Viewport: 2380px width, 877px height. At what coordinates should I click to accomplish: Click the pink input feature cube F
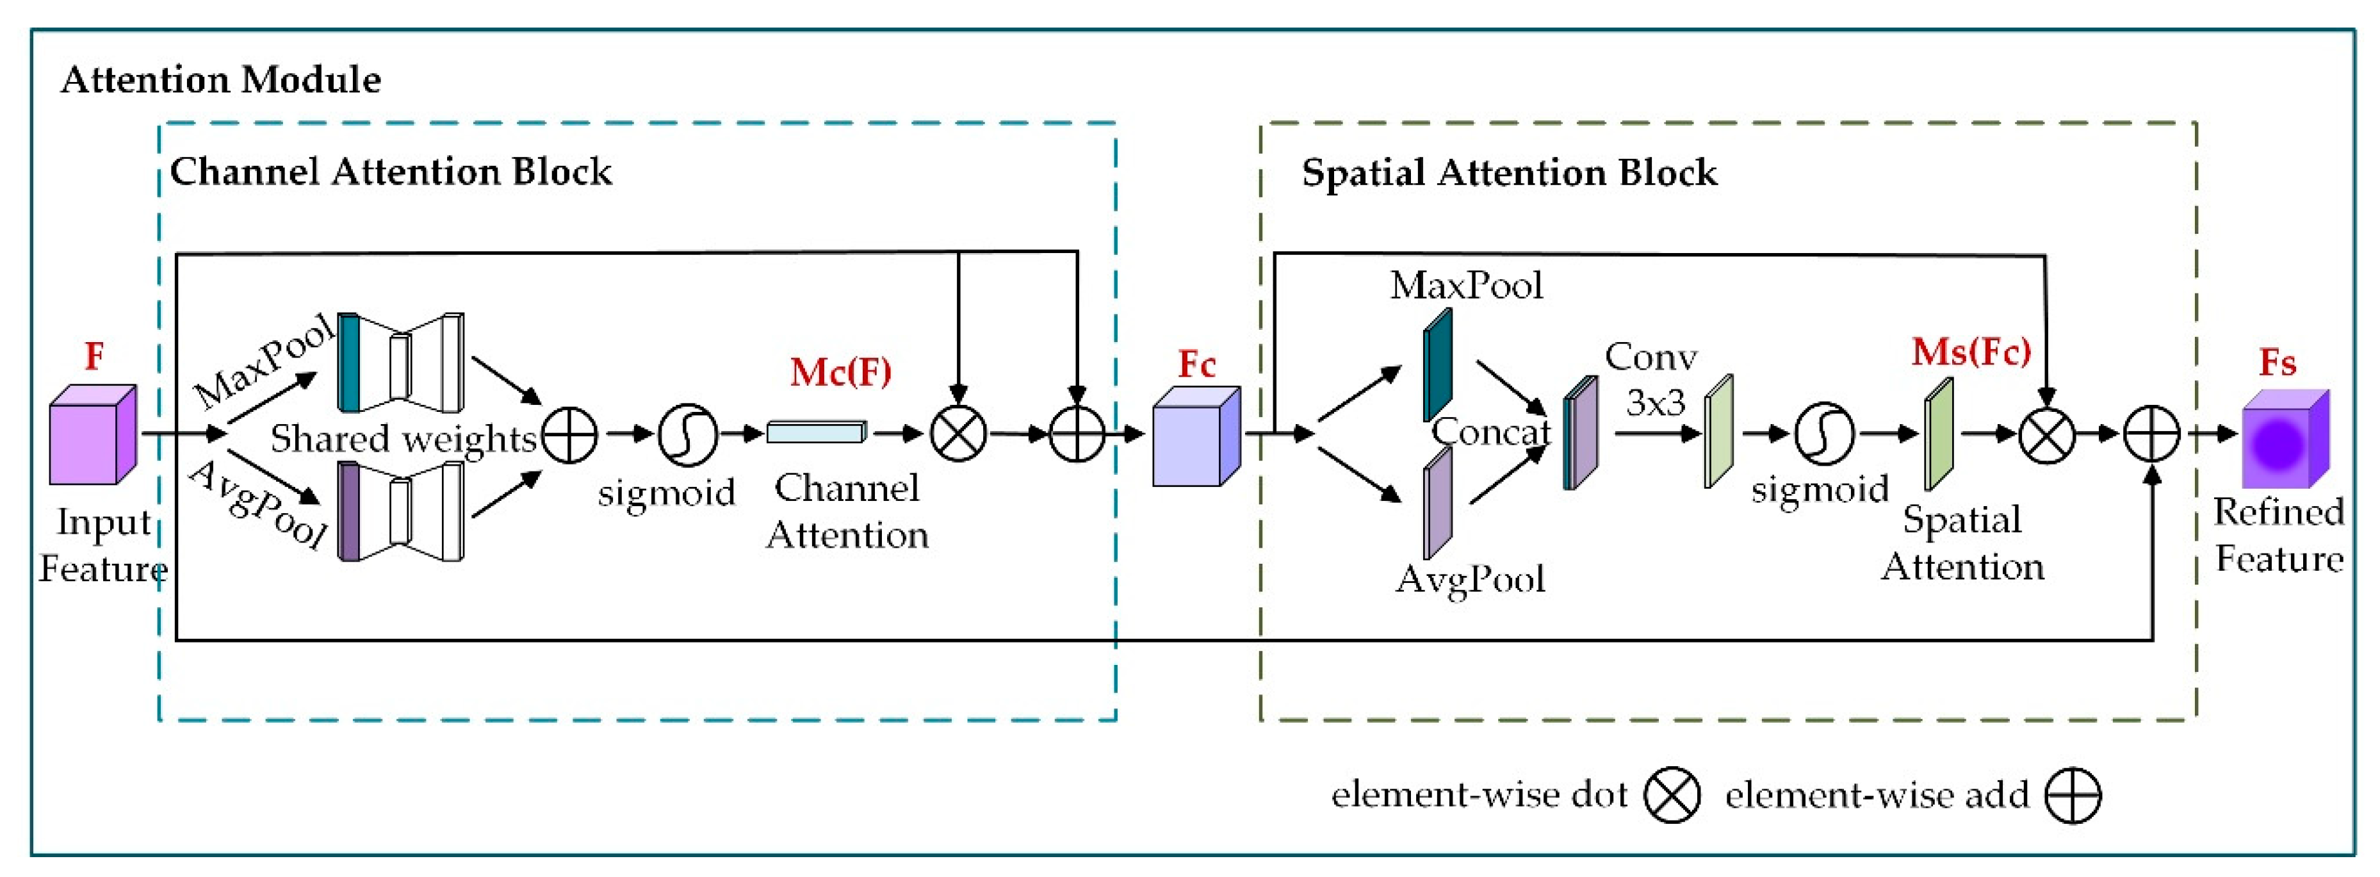point(92,434)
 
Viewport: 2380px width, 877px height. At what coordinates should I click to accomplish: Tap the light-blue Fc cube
point(1196,436)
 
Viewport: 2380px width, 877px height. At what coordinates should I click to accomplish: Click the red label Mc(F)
point(840,372)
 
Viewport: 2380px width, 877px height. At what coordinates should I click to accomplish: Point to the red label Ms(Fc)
point(1971,351)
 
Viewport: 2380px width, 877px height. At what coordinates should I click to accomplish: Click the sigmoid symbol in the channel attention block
point(687,434)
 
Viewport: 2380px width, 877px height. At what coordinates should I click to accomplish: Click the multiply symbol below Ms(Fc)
point(2046,434)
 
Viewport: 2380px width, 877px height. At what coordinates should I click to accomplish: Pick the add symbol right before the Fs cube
point(2152,434)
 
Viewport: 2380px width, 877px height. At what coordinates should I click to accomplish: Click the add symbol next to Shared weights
point(569,434)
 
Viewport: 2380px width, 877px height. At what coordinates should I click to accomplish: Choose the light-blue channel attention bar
point(817,432)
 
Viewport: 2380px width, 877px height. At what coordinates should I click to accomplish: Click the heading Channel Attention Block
point(391,172)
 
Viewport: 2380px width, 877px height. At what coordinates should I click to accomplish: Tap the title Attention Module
point(221,79)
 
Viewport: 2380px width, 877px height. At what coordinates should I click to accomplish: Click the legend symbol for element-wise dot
point(1672,795)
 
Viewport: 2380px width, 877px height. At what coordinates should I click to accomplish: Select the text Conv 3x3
point(1652,379)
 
